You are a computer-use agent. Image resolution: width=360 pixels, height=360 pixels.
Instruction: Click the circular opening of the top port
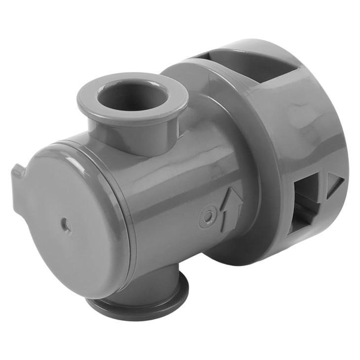click(132, 96)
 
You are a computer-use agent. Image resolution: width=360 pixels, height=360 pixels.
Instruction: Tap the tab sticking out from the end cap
click(17, 172)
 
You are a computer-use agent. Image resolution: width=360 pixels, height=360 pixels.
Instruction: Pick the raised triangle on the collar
click(334, 185)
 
